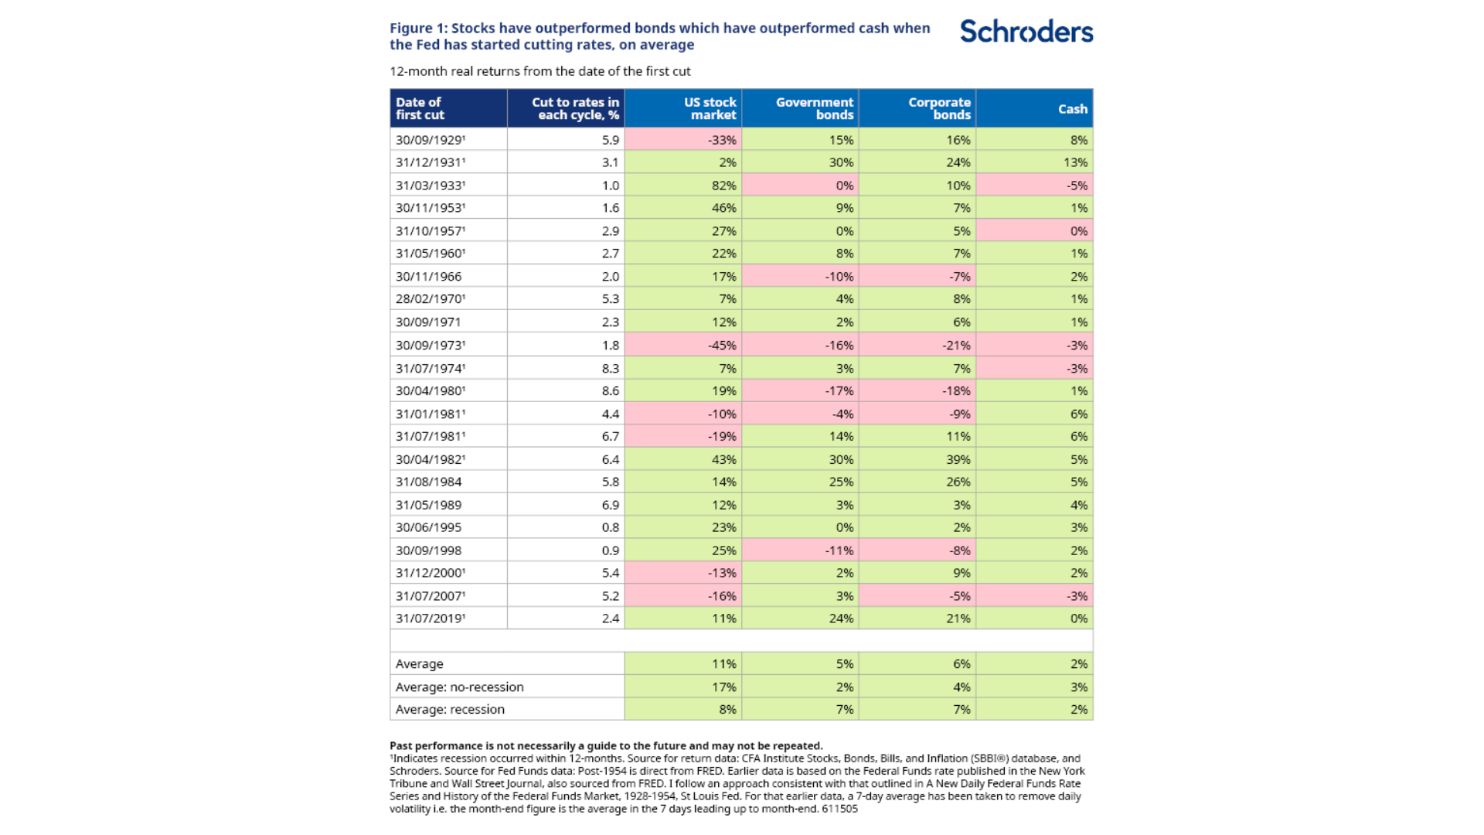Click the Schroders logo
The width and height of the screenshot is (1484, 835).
(x=1026, y=32)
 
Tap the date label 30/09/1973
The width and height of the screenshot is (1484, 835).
(x=430, y=346)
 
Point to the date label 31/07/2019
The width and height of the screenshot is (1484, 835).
(x=430, y=619)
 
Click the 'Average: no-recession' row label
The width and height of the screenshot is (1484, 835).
(x=459, y=687)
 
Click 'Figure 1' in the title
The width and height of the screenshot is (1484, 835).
(x=417, y=29)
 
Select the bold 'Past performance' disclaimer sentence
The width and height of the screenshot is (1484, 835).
(x=605, y=746)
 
